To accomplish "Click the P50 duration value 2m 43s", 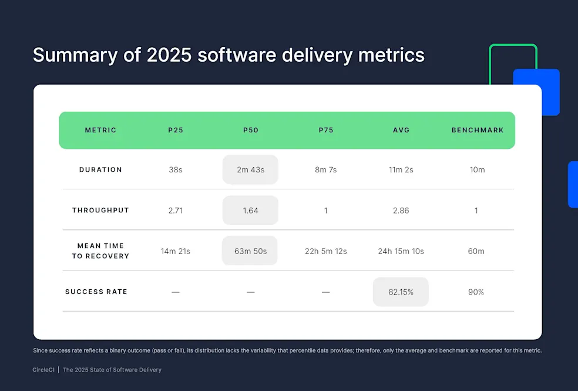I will (x=250, y=170).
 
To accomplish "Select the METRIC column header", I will (x=100, y=130).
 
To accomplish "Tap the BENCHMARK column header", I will (x=477, y=130).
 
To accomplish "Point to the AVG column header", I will (x=401, y=130).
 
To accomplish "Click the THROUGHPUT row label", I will (x=100, y=210).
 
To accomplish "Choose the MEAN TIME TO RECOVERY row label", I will (x=100, y=251).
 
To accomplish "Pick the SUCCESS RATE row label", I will (x=96, y=292).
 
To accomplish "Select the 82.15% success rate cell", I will (x=401, y=292).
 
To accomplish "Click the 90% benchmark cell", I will (x=476, y=292).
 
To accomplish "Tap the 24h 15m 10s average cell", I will (x=401, y=252).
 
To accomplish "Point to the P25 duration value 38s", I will (x=175, y=170).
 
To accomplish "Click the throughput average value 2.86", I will (x=401, y=210).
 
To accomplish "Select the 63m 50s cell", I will (x=250, y=252).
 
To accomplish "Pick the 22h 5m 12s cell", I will (x=325, y=252).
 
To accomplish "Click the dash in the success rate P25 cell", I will (x=175, y=292).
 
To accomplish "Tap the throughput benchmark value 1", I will (x=476, y=210).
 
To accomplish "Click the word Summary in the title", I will (x=66, y=55).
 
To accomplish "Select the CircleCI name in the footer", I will (x=44, y=370).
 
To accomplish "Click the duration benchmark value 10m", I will (x=476, y=170).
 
